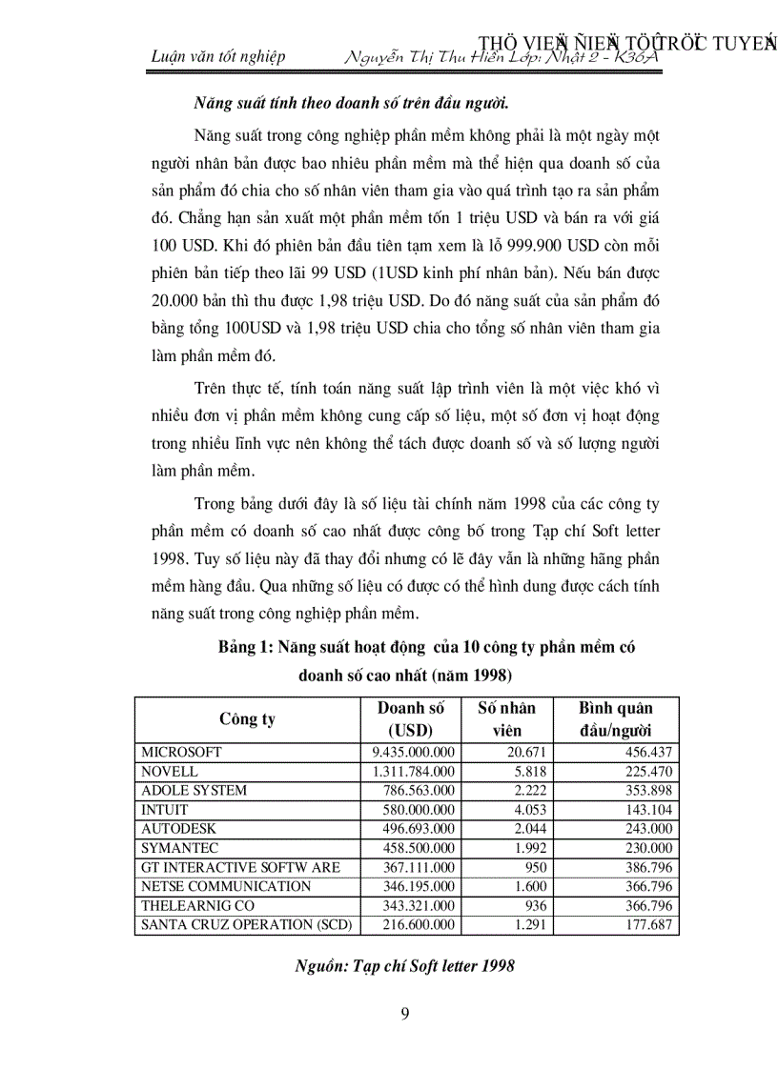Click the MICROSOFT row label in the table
click(x=181, y=752)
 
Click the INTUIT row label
click(x=165, y=809)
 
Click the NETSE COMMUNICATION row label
click(x=226, y=886)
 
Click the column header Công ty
click(x=247, y=718)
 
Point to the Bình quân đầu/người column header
click(x=616, y=718)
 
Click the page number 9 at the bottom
click(x=406, y=1013)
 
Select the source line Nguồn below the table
click(x=406, y=966)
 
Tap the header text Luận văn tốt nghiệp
click(x=218, y=56)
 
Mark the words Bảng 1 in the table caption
click(x=245, y=647)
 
